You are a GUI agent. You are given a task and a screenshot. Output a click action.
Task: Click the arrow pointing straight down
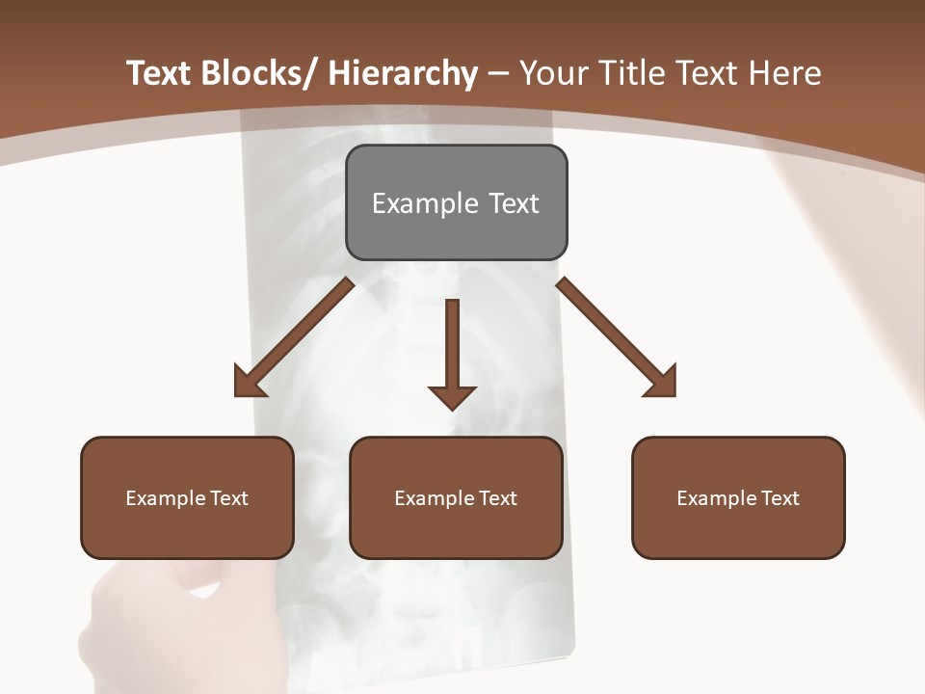(x=452, y=352)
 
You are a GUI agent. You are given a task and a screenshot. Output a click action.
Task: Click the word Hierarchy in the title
(x=403, y=73)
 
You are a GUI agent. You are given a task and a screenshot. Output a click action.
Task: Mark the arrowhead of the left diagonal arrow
(x=249, y=383)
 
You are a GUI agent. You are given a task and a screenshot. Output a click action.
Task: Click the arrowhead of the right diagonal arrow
(x=662, y=383)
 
